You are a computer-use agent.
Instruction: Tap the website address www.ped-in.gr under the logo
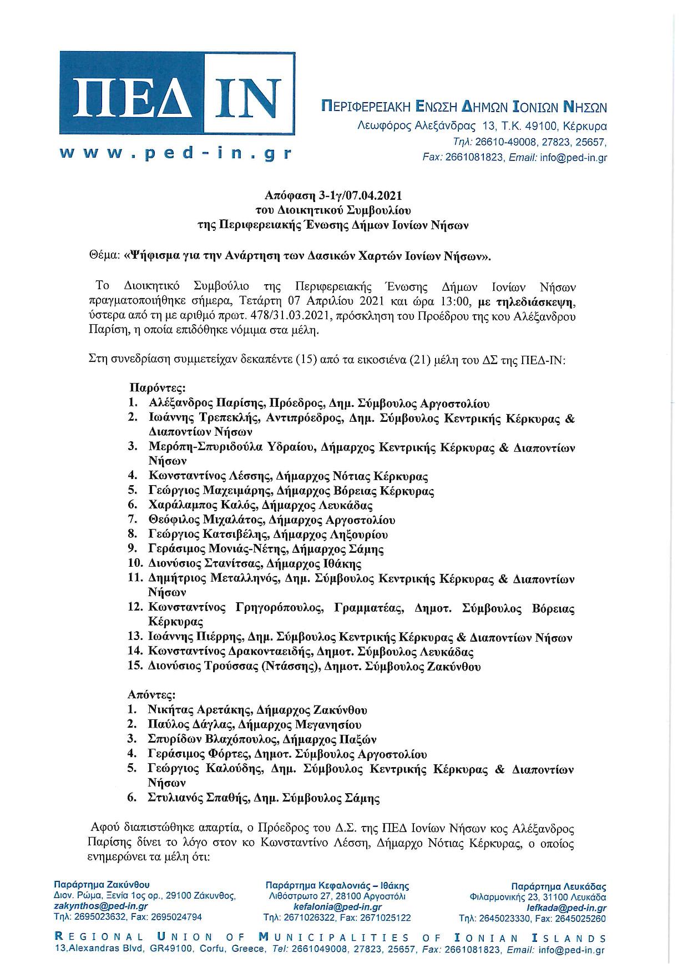[176, 154]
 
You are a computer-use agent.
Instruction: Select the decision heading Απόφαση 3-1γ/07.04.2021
[333, 196]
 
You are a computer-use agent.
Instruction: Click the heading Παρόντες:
[158, 387]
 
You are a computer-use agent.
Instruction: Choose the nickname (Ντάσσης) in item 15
[289, 667]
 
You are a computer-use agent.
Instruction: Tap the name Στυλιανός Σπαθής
[198, 799]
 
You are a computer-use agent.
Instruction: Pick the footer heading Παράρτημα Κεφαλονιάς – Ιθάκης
[337, 886]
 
